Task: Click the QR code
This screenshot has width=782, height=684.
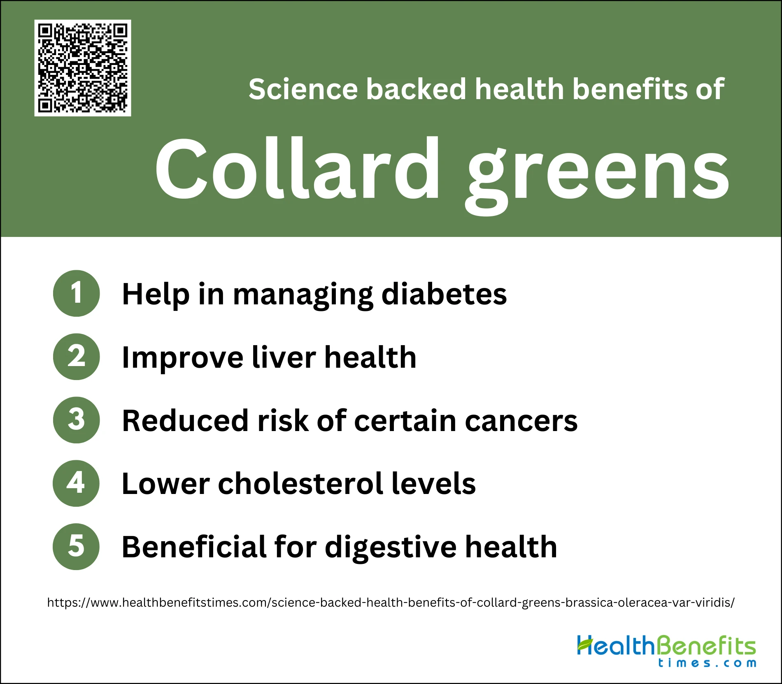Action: coord(83,68)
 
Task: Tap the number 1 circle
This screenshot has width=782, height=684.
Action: coord(77,293)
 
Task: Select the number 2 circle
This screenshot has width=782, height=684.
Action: coord(77,357)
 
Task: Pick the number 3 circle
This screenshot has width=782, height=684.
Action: coord(77,420)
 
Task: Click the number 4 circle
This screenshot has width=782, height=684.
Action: coord(76,483)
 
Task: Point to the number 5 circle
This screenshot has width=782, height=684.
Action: coord(76,547)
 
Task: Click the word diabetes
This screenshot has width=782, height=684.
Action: coord(445,294)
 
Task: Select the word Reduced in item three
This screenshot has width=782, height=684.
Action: coord(186,421)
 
